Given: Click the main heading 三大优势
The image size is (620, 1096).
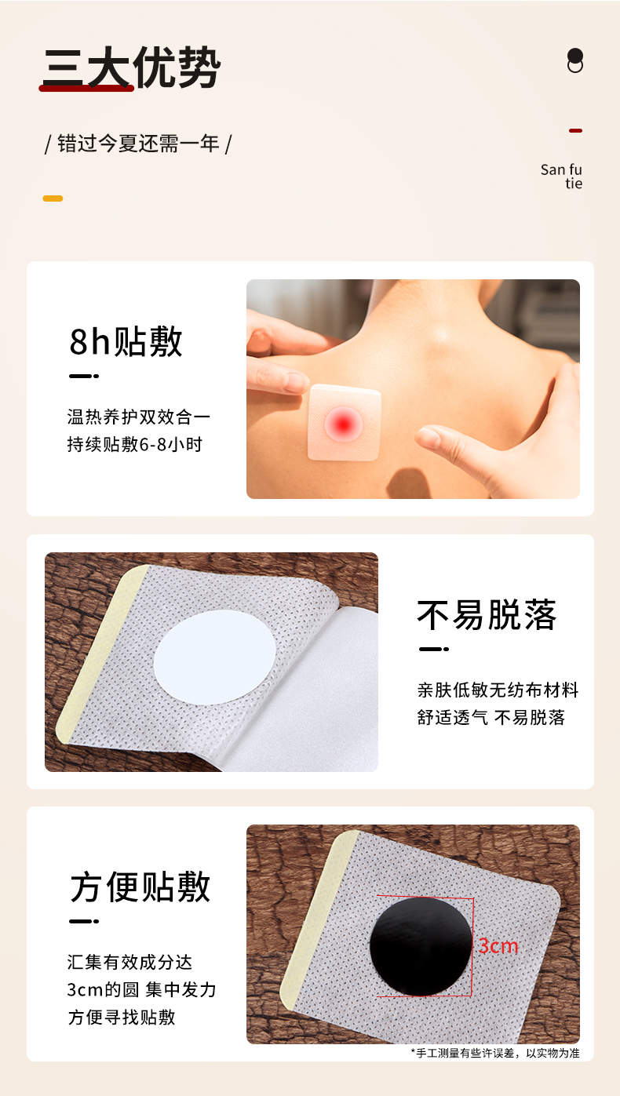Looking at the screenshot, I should (x=131, y=67).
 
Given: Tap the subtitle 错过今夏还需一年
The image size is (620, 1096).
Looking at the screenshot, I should (x=138, y=144).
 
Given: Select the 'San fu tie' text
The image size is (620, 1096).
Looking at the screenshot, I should (x=562, y=177).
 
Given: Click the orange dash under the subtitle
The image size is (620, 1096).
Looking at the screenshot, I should (x=53, y=198).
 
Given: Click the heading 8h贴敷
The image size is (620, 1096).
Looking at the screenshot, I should (x=126, y=341).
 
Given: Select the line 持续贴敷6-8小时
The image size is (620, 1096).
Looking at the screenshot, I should (x=134, y=444).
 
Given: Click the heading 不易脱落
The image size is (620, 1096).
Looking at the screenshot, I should (x=487, y=615).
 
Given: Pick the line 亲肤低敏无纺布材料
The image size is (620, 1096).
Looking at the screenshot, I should (x=498, y=690).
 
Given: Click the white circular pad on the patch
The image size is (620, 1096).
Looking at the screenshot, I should (x=215, y=656).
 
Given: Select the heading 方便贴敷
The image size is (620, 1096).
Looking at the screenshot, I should (x=140, y=887).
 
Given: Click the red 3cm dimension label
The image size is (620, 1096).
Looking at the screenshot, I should (x=498, y=946).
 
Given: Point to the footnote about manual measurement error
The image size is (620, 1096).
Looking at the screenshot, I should (x=494, y=1053).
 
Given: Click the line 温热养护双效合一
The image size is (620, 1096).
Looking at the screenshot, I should (x=139, y=417).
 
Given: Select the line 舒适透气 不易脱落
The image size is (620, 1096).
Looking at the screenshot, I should (x=491, y=717).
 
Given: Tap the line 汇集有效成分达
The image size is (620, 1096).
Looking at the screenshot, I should (x=129, y=962).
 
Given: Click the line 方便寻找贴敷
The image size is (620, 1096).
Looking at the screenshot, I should (x=121, y=1017).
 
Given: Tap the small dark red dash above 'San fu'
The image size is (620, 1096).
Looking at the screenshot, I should (x=575, y=130).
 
